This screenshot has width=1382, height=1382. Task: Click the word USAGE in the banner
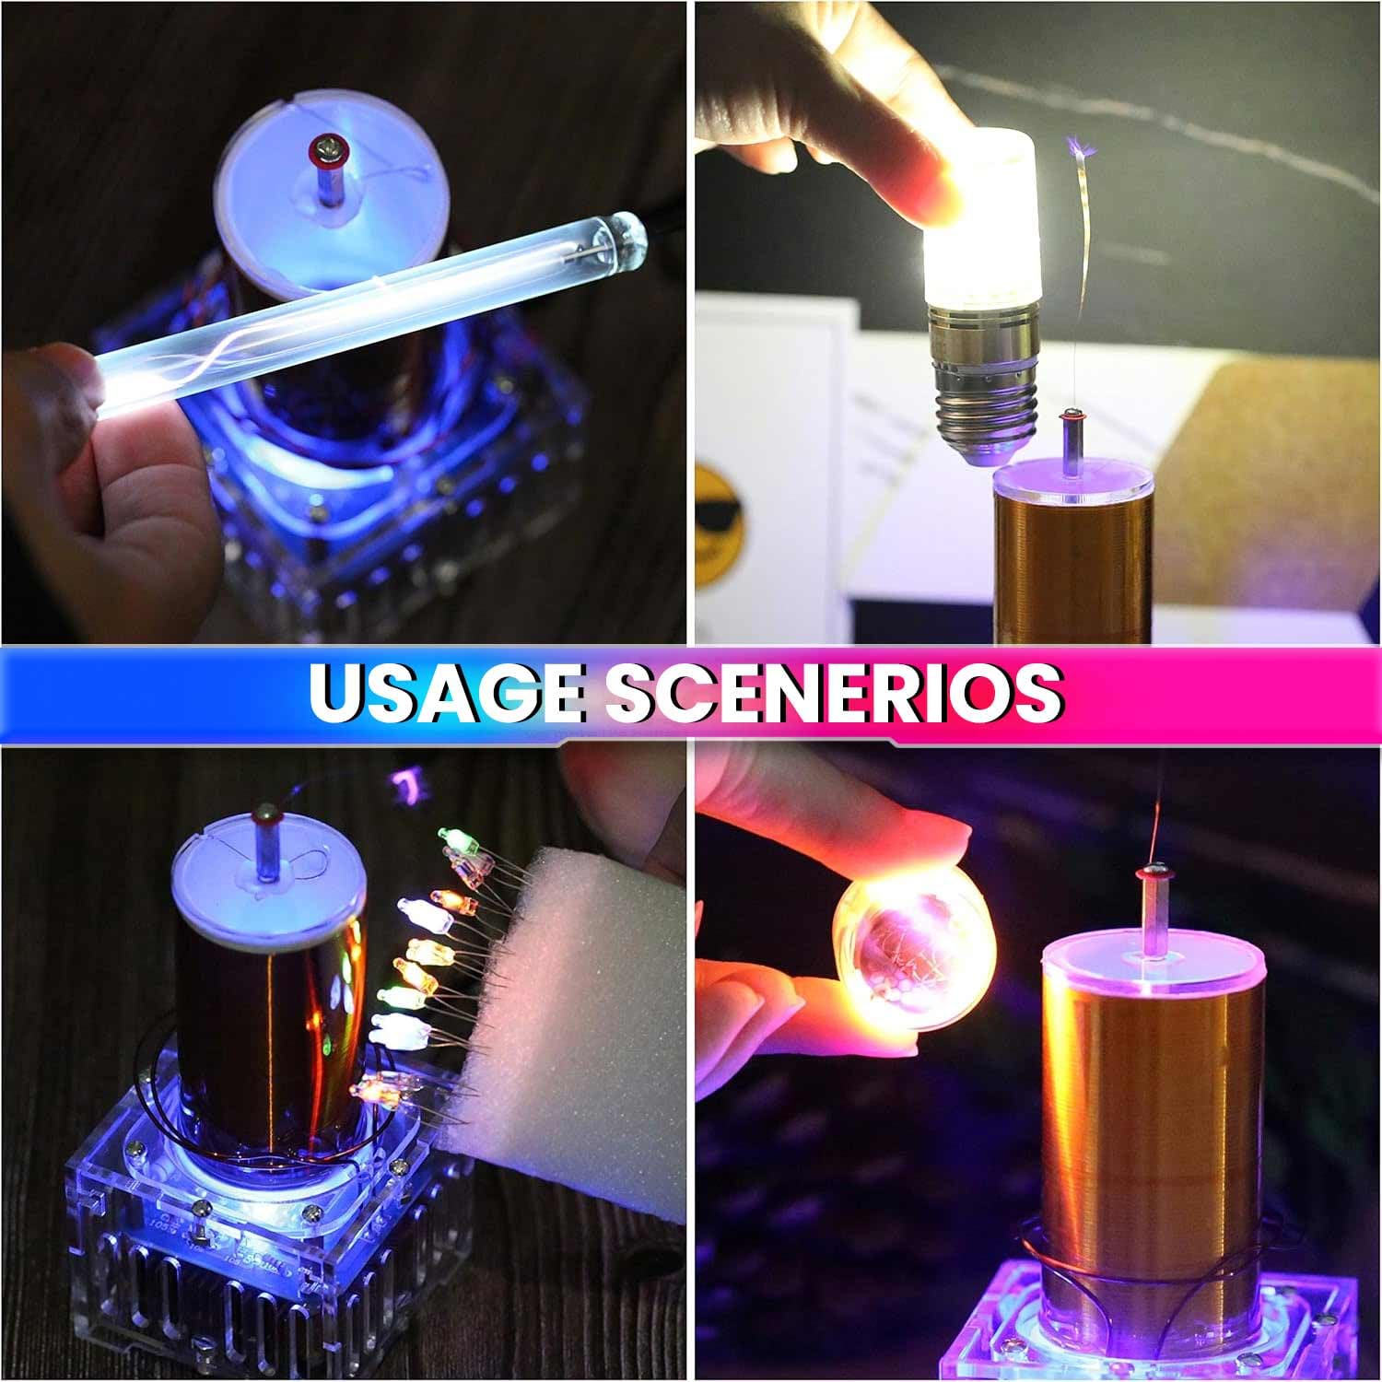click(446, 692)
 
